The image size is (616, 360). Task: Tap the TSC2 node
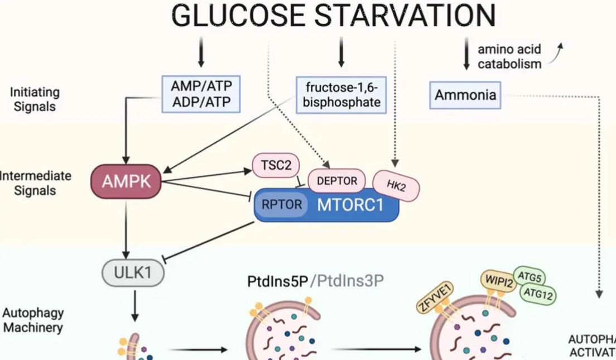coord(276,165)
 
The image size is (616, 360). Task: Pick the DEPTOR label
coord(336,180)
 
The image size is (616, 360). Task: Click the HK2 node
coord(396,185)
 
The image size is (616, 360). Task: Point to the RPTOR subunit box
coord(282,205)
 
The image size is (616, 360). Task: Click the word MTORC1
coord(350,205)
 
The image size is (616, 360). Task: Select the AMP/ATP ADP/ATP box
coord(201,94)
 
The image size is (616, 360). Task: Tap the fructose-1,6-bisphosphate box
coord(341,94)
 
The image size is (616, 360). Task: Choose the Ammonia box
coord(465,95)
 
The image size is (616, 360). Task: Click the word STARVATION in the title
coord(405,16)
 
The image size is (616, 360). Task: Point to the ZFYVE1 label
coord(436,298)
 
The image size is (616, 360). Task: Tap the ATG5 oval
coord(530,276)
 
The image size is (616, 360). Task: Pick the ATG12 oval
coord(538,294)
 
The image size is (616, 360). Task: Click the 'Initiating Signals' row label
coord(34,99)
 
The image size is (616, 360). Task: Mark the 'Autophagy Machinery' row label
coord(33,320)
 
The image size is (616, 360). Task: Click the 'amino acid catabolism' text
coord(509,56)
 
